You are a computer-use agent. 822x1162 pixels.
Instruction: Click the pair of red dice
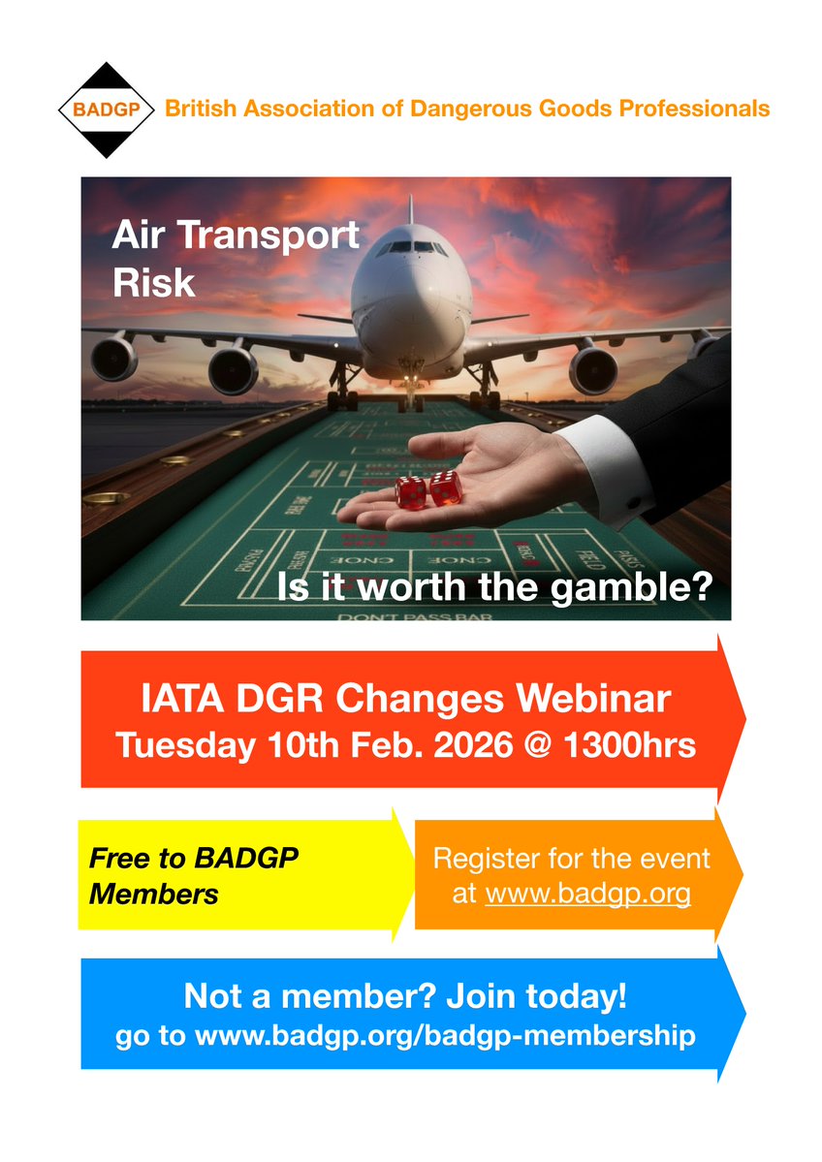428,489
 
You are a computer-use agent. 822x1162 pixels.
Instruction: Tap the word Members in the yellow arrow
153,894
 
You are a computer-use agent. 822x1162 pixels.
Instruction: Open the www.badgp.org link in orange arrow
587,893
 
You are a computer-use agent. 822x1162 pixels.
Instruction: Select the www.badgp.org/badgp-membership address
445,1035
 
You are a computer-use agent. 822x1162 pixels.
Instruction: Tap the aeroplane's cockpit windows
411,247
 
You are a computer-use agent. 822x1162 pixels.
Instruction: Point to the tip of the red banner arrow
743,718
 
